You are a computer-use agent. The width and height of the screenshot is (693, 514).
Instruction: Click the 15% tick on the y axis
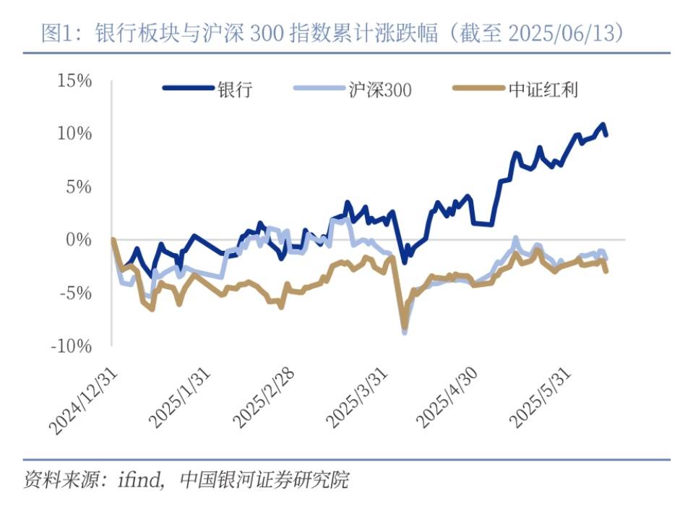pyautogui.click(x=74, y=80)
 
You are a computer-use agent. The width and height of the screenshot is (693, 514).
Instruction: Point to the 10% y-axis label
pyautogui.click(x=74, y=133)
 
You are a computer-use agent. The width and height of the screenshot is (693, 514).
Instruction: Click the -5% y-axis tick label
pyautogui.click(x=75, y=293)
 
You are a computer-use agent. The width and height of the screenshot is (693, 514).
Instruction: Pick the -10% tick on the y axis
pyautogui.click(x=72, y=346)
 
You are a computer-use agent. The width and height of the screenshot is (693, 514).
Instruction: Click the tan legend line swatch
pyautogui.click(x=475, y=90)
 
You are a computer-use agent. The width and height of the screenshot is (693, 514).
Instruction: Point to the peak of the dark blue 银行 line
pyautogui.click(x=602, y=125)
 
